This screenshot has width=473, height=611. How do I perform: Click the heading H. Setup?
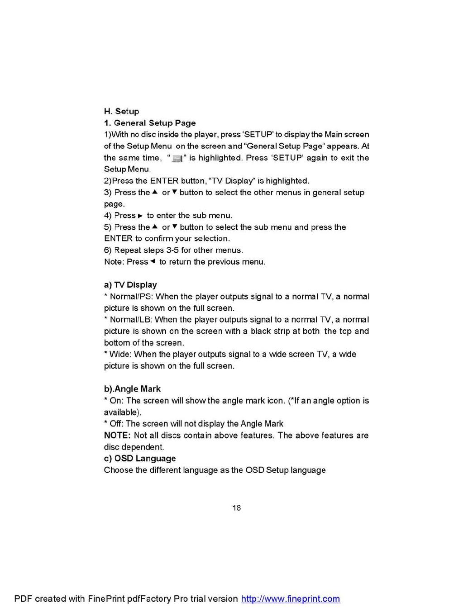121,111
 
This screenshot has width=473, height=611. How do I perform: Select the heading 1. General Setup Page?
150,123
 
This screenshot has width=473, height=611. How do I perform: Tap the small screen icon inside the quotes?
177,158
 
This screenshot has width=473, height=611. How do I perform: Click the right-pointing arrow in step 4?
140,216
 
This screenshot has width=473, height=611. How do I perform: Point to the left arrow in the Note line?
153,261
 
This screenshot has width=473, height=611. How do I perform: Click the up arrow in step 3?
155,192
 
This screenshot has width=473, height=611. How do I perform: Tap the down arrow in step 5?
175,227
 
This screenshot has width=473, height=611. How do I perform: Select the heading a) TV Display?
130,285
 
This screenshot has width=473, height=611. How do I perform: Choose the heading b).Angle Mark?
132,389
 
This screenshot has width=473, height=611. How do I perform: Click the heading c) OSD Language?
140,459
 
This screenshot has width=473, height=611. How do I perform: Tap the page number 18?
236,508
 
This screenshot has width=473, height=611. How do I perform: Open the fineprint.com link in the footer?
291,599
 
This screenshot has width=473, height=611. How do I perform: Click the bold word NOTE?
117,436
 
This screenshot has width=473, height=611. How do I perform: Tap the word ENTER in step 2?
164,181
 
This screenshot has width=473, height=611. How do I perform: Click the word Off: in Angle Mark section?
117,424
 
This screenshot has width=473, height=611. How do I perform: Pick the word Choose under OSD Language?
118,470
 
